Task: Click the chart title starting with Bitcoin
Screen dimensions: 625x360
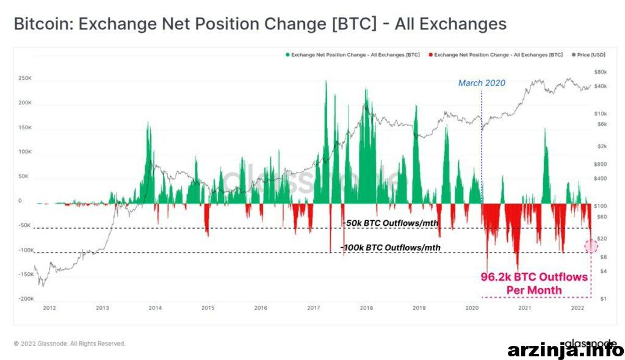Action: (x=260, y=24)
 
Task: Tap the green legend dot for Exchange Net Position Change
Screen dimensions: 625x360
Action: (x=287, y=55)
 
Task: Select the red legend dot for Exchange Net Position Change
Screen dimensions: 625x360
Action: (x=430, y=55)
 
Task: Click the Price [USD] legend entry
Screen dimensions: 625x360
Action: (x=588, y=55)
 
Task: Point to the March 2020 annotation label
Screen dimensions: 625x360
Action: (x=482, y=83)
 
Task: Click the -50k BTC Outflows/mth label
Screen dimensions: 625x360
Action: (x=391, y=223)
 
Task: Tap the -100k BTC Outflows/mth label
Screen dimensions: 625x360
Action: (x=390, y=248)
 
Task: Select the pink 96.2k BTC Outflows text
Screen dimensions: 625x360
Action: (x=534, y=284)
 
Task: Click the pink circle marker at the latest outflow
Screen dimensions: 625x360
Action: (x=591, y=246)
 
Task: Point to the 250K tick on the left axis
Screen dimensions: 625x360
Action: (x=24, y=78)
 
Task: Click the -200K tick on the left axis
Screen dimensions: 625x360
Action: (x=26, y=298)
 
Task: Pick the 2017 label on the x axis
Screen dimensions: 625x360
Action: (x=313, y=308)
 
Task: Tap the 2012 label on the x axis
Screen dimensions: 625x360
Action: (x=49, y=308)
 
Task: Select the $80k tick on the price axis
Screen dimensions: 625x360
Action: (x=601, y=72)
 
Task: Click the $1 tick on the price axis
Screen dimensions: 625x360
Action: (x=604, y=298)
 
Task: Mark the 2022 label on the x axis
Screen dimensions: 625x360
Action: (x=577, y=308)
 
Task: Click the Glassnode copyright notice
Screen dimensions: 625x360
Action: (x=70, y=344)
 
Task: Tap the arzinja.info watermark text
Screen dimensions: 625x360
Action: (x=566, y=350)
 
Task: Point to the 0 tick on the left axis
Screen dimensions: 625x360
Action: (x=20, y=201)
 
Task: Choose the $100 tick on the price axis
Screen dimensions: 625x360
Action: (x=601, y=206)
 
